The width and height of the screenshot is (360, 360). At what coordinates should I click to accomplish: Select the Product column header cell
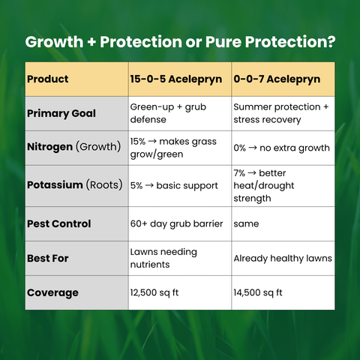click(48, 79)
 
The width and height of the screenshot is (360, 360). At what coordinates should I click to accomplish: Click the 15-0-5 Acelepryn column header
click(175, 79)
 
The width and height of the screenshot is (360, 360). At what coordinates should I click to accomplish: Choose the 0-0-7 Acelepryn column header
click(277, 79)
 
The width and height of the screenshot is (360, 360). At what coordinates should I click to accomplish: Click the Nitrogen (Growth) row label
click(73, 148)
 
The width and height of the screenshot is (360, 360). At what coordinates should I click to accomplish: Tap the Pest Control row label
click(58, 223)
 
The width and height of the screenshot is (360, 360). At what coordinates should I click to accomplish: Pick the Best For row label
click(48, 258)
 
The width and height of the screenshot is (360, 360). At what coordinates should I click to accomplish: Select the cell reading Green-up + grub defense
click(168, 113)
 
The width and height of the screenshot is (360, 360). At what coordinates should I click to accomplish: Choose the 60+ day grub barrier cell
click(173, 223)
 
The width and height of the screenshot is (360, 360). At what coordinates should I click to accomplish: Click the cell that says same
click(246, 223)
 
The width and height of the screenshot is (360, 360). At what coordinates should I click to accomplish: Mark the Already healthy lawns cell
click(282, 258)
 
